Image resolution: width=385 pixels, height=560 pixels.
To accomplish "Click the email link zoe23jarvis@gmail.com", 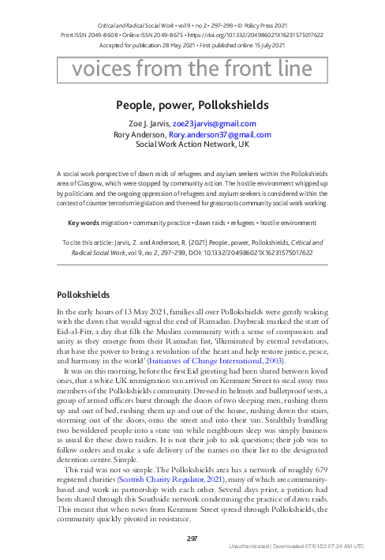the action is tap(214, 124).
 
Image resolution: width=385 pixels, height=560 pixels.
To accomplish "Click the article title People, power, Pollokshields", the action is tap(192, 105).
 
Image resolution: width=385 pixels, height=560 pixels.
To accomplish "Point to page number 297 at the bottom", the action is tap(192, 539).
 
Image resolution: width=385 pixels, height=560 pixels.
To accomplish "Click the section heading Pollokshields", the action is tap(79, 294).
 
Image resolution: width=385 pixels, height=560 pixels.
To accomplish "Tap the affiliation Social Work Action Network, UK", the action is tap(192, 145).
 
